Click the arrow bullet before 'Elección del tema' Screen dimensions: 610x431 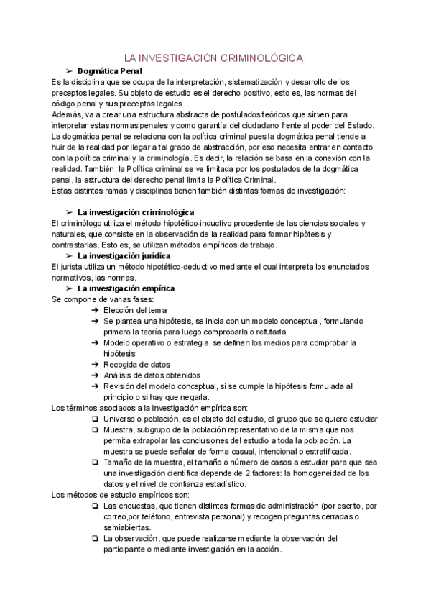[96, 309]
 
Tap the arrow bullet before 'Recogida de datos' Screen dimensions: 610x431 [96, 364]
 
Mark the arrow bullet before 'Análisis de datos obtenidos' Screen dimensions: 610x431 [96, 375]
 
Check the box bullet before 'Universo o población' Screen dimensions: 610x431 [96, 418]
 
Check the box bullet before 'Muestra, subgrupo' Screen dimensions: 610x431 [96, 429]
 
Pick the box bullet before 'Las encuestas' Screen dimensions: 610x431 [96, 506]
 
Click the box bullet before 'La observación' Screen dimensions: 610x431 [96, 538]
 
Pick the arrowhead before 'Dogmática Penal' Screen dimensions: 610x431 [70, 71]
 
